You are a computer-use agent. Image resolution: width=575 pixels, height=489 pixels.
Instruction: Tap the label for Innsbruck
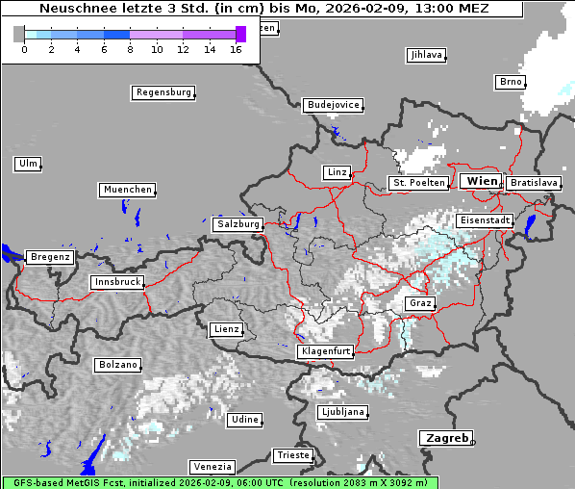(x=117, y=282)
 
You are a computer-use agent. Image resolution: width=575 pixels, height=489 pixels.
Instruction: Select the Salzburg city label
(x=238, y=224)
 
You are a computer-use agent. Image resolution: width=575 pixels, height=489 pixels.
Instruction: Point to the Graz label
(x=419, y=303)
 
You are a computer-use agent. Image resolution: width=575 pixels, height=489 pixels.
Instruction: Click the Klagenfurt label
(x=326, y=352)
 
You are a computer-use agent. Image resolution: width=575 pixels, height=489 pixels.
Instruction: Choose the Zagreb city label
(x=445, y=438)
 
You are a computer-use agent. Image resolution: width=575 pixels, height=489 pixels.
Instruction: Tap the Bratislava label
(x=533, y=182)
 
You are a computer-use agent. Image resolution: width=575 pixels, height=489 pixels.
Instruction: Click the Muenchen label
(x=127, y=190)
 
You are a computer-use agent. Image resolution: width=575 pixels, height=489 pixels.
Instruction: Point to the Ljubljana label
(x=342, y=411)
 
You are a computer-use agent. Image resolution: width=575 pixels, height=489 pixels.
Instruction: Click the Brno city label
(x=510, y=82)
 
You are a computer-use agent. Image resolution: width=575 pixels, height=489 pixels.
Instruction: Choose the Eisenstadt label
(x=484, y=220)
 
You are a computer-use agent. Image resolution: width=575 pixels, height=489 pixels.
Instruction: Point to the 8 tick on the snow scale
(x=130, y=48)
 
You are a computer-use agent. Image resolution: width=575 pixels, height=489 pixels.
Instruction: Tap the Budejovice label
(x=333, y=104)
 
